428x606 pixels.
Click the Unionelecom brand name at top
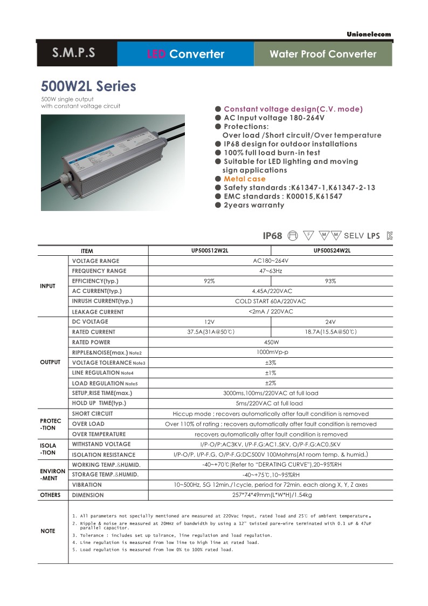[x=369, y=35]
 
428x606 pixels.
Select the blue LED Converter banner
[x=185, y=54]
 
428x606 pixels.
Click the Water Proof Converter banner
[x=323, y=54]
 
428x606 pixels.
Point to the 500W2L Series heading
[x=88, y=86]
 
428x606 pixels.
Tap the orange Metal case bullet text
[x=244, y=179]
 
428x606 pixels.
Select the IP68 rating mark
[x=272, y=236]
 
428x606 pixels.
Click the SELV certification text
[x=354, y=236]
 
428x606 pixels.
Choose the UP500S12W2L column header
[x=209, y=250]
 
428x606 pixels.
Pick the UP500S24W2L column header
[x=332, y=250]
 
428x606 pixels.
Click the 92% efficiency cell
[x=209, y=281]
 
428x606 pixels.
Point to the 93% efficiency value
[x=331, y=281]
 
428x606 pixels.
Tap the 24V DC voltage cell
[x=331, y=322]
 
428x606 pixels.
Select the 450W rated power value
[x=271, y=342]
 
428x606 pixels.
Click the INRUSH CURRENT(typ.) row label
[x=102, y=301]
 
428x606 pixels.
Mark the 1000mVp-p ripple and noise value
[x=271, y=352]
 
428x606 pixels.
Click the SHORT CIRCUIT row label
[x=93, y=413]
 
